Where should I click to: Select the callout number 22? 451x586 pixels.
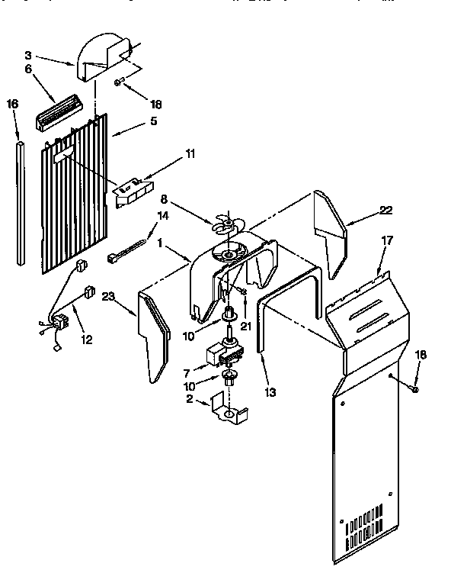(386, 211)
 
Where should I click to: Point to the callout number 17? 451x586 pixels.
(386, 241)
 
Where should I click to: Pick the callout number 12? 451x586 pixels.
(86, 340)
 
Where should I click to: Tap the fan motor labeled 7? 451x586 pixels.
(223, 353)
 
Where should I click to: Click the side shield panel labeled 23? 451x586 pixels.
(153, 336)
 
